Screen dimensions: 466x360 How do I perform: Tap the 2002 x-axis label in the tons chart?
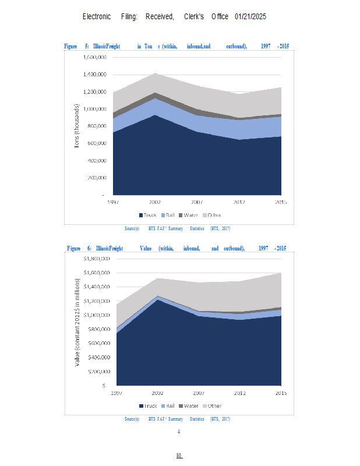tap(155, 202)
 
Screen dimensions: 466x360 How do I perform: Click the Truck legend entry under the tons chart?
tap(146, 216)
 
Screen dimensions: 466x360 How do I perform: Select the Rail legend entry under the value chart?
tap(167, 405)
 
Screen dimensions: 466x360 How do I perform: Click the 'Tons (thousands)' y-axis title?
tap(76, 126)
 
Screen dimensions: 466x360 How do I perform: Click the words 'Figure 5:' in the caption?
tap(76, 45)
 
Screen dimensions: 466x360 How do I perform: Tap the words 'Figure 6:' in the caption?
tap(79, 248)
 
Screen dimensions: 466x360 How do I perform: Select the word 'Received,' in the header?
tap(160, 16)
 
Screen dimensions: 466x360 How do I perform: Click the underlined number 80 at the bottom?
tap(179, 455)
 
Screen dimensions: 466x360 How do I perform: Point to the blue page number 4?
tap(179, 432)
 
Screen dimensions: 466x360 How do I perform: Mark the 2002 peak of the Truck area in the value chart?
tap(156, 299)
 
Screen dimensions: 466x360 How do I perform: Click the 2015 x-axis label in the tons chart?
tap(282, 202)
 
